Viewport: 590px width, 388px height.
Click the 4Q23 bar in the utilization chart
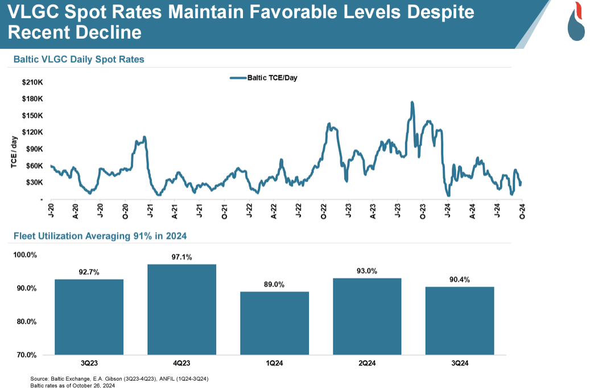pyautogui.click(x=181, y=309)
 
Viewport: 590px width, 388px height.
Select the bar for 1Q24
pyautogui.click(x=274, y=323)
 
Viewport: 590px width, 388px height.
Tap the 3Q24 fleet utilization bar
pyautogui.click(x=460, y=321)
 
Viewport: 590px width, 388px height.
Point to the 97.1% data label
pyautogui.click(x=181, y=257)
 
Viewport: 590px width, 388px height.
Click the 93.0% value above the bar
pyautogui.click(x=367, y=271)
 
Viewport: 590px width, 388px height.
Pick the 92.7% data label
pyautogui.click(x=89, y=272)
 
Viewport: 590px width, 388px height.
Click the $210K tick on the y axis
pyautogui.click(x=32, y=82)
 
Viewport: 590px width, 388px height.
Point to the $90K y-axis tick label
pyautogui.click(x=32, y=149)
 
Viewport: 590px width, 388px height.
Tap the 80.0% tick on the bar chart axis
pyautogui.click(x=26, y=321)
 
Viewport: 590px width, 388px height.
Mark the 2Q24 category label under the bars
pyautogui.click(x=367, y=362)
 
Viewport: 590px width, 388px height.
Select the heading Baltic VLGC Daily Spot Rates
pyautogui.click(x=79, y=59)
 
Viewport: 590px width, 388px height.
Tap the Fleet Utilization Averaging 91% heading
pyautogui.click(x=100, y=236)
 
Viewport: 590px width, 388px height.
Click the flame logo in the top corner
pyautogui.click(x=576, y=22)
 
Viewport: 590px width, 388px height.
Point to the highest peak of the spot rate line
pyautogui.click(x=411, y=103)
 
